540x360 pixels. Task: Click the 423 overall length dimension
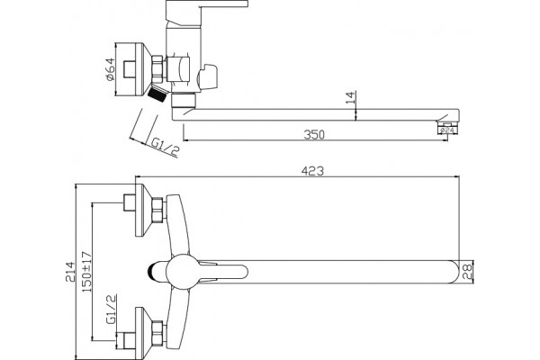pos(312,171)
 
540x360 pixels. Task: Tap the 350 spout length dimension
pos(314,134)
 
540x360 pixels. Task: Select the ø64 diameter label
pos(110,69)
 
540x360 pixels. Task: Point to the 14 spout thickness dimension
pos(350,97)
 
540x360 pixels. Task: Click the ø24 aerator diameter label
pos(447,130)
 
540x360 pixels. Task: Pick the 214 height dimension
pos(70,272)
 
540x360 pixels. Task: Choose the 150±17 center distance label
pos(86,272)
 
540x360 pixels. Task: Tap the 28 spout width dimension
pos(467,272)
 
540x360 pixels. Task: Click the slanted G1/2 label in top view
pos(165,147)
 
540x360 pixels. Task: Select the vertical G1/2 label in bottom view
pos(112,310)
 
